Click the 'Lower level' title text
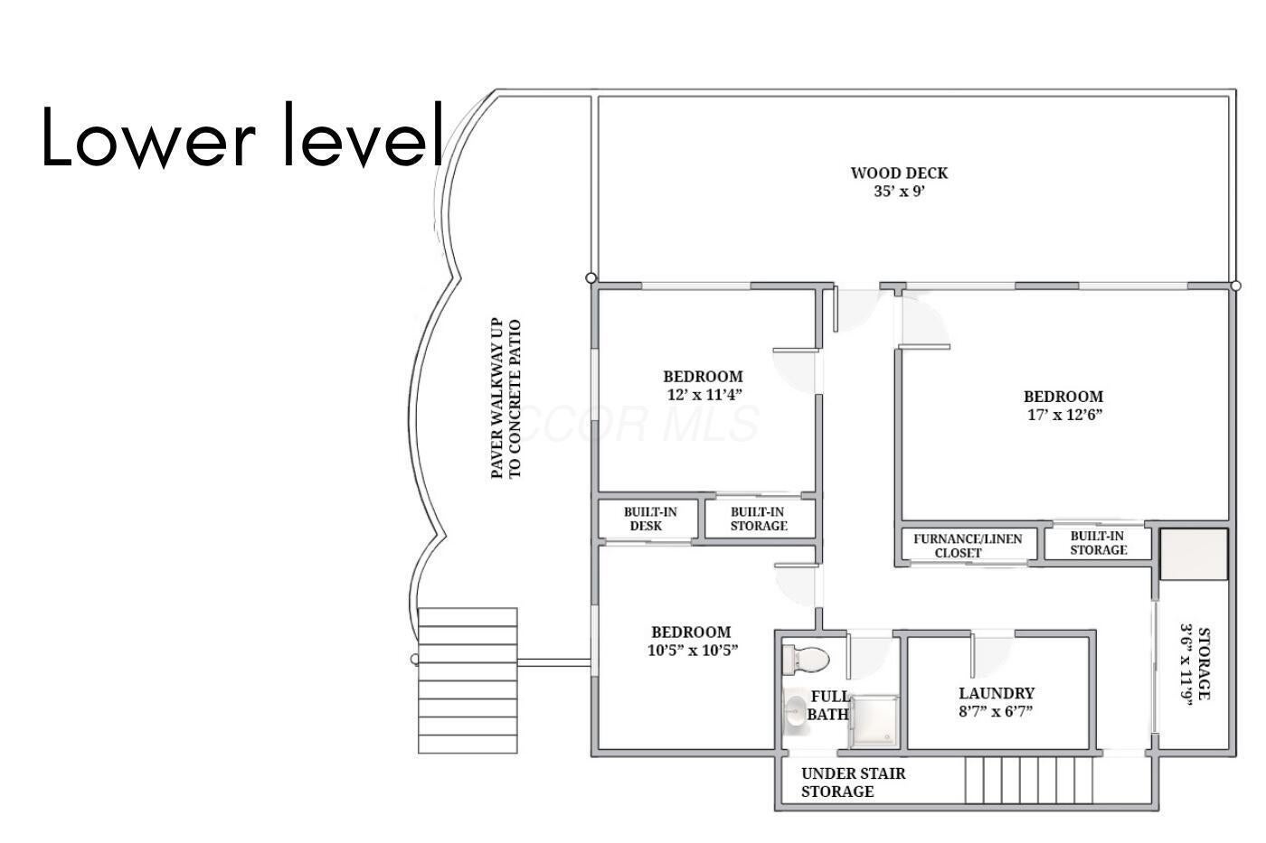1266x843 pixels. (x=242, y=136)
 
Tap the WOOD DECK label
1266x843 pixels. (x=899, y=173)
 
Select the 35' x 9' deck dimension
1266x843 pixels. (x=899, y=192)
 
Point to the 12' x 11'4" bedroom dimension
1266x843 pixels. (x=703, y=394)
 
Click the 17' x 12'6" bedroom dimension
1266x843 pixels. (x=1063, y=415)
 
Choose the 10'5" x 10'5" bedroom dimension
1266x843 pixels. (x=693, y=651)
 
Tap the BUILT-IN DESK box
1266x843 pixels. (x=649, y=519)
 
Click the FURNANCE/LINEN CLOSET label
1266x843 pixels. (x=967, y=545)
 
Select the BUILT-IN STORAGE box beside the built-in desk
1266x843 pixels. (x=759, y=519)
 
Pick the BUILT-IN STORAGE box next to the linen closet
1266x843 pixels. (x=1097, y=542)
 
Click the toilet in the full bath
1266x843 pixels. (x=806, y=659)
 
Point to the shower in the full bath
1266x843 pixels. (x=874, y=721)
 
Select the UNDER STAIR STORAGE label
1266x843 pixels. (x=852, y=782)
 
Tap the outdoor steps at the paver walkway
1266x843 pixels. (x=468, y=680)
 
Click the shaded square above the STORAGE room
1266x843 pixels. (x=1194, y=554)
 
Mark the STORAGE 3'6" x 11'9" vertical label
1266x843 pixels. (x=1194, y=664)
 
